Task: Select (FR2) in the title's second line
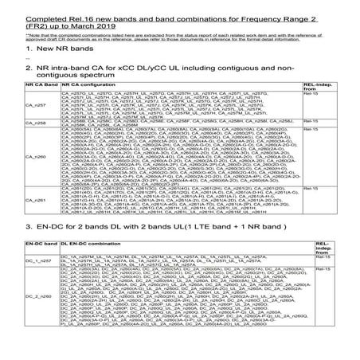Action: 18,20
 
